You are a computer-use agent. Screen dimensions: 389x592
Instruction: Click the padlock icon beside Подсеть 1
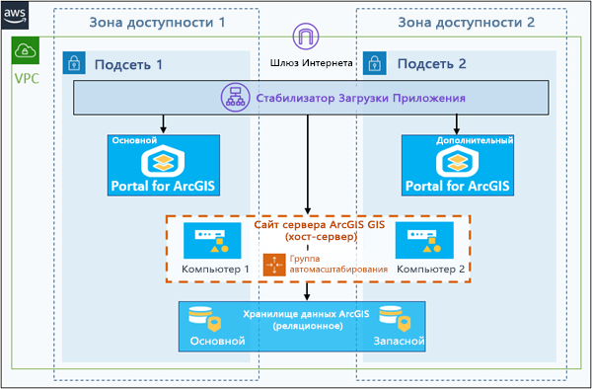click(74, 64)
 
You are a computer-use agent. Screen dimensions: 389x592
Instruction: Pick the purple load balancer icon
click(236, 98)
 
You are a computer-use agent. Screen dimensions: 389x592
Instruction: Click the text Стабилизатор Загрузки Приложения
click(360, 99)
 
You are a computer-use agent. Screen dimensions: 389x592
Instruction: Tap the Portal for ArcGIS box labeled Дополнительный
click(457, 167)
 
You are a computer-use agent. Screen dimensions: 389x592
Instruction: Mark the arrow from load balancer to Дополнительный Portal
click(457, 124)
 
